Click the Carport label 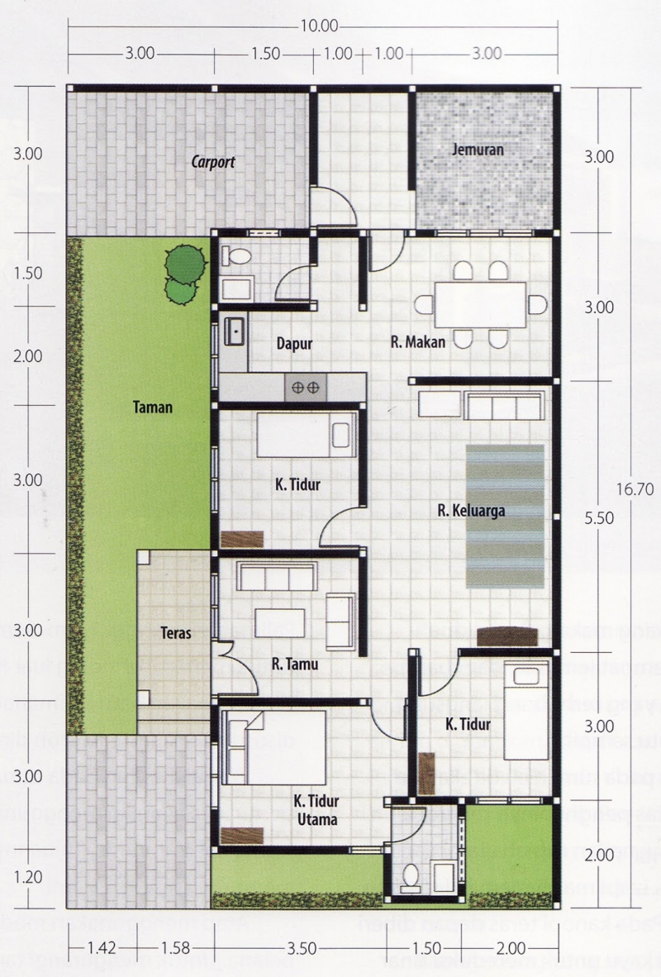pyautogui.click(x=213, y=163)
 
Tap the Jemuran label pyautogui.click(x=478, y=150)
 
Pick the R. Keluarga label pyautogui.click(x=471, y=510)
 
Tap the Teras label pyautogui.click(x=177, y=635)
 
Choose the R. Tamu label pyautogui.click(x=296, y=663)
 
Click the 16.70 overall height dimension pyautogui.click(x=635, y=489)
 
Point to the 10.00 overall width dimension pyautogui.click(x=319, y=26)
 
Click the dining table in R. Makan pyautogui.click(x=482, y=304)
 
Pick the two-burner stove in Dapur pyautogui.click(x=306, y=386)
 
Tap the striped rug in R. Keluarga pyautogui.click(x=505, y=517)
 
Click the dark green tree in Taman pyautogui.click(x=184, y=265)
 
